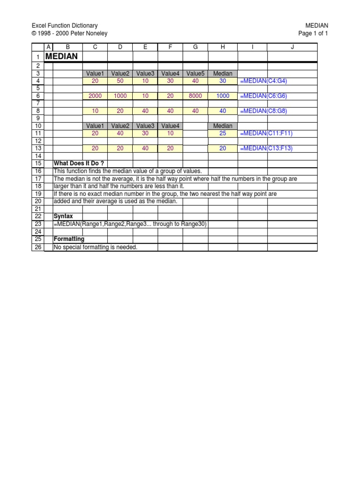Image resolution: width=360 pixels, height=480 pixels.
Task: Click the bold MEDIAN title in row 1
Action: (x=61, y=57)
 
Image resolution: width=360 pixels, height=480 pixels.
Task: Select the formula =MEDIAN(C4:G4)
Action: (x=263, y=81)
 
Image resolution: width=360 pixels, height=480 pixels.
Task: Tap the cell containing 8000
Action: (x=195, y=96)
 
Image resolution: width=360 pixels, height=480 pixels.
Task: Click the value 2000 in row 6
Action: (x=95, y=96)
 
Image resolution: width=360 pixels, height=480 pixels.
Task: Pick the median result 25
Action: (x=223, y=134)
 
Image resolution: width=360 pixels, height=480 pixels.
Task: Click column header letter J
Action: (x=292, y=47)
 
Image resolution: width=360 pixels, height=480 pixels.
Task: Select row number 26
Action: (x=38, y=247)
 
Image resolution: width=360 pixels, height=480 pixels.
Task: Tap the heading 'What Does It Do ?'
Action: (x=79, y=164)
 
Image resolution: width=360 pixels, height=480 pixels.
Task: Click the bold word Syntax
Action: (x=63, y=216)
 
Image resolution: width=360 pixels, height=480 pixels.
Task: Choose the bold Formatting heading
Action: (x=69, y=239)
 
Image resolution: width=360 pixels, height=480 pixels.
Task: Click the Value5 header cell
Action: (x=195, y=74)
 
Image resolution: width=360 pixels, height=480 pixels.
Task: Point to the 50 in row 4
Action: (x=120, y=81)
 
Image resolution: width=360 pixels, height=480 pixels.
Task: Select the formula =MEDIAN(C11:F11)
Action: (x=265, y=134)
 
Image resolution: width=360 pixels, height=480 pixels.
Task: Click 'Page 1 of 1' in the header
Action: (x=313, y=33)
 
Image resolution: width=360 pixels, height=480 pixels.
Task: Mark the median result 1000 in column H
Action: (x=223, y=96)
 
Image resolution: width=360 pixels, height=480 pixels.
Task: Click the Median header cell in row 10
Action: (x=223, y=126)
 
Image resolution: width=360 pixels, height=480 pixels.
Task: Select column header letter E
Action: (x=145, y=47)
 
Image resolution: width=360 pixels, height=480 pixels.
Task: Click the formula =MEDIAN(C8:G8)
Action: (x=263, y=111)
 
